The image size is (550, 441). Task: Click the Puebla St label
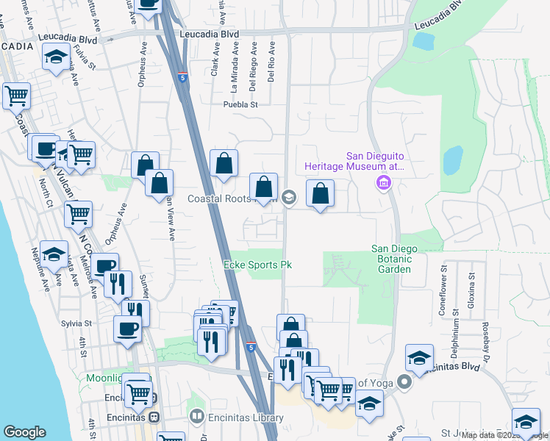tap(241, 104)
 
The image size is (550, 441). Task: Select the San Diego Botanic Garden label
tap(394, 259)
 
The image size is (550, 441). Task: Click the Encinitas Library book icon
tap(197, 417)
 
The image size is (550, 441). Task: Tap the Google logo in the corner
tap(24, 432)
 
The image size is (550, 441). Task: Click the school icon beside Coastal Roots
tap(289, 196)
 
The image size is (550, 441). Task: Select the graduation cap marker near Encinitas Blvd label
tap(419, 357)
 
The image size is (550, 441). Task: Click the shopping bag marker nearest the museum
tap(320, 194)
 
